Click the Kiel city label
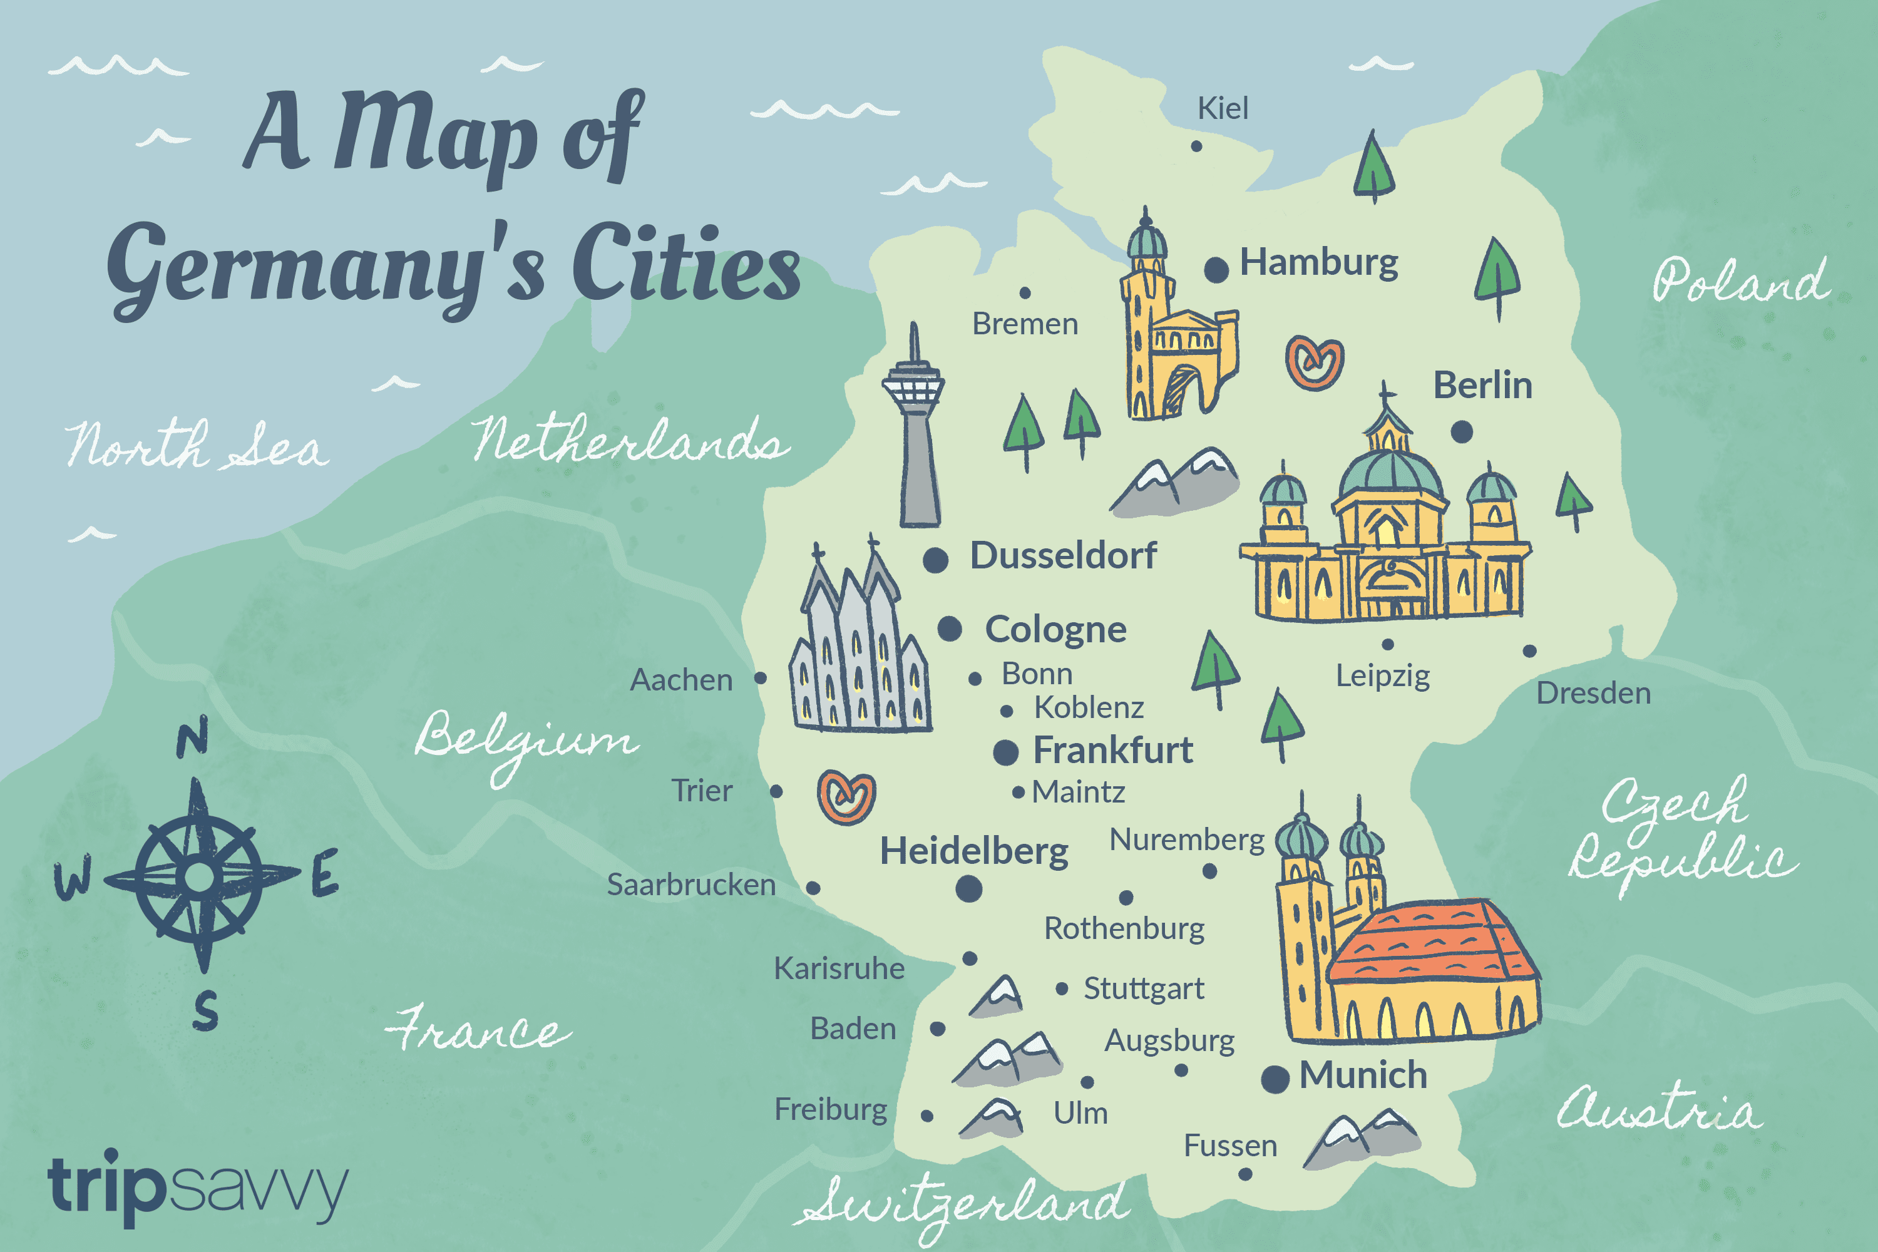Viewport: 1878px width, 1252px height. [x=1222, y=108]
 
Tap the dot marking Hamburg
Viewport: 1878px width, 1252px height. [x=1216, y=270]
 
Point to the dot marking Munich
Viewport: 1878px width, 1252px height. [x=1275, y=1079]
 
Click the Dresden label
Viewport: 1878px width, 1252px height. [x=1593, y=693]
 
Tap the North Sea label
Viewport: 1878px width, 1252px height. [x=195, y=446]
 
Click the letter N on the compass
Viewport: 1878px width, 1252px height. [x=192, y=737]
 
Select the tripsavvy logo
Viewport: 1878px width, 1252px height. [x=197, y=1186]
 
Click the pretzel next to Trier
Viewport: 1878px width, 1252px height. [x=846, y=797]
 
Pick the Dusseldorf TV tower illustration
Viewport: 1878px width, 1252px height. [x=915, y=431]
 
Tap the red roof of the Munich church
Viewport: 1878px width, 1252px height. [x=1434, y=942]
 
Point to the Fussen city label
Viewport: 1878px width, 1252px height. [x=1229, y=1146]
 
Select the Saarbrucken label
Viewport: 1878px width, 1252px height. [x=690, y=885]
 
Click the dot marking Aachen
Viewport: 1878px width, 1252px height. [x=760, y=678]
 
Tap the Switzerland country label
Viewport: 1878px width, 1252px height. [x=962, y=1206]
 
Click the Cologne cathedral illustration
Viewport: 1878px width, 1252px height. [x=858, y=647]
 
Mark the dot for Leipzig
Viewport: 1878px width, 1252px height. [x=1388, y=644]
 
